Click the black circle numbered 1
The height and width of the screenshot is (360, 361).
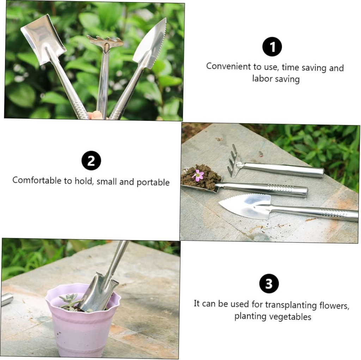272,47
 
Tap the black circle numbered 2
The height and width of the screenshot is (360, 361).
91,160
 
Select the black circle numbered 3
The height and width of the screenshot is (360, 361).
269,283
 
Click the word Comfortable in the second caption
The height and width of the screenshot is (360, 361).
37,181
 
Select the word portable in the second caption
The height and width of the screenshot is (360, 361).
153,182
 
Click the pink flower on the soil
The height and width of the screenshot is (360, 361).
198,175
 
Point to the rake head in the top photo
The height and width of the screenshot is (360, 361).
105,42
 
